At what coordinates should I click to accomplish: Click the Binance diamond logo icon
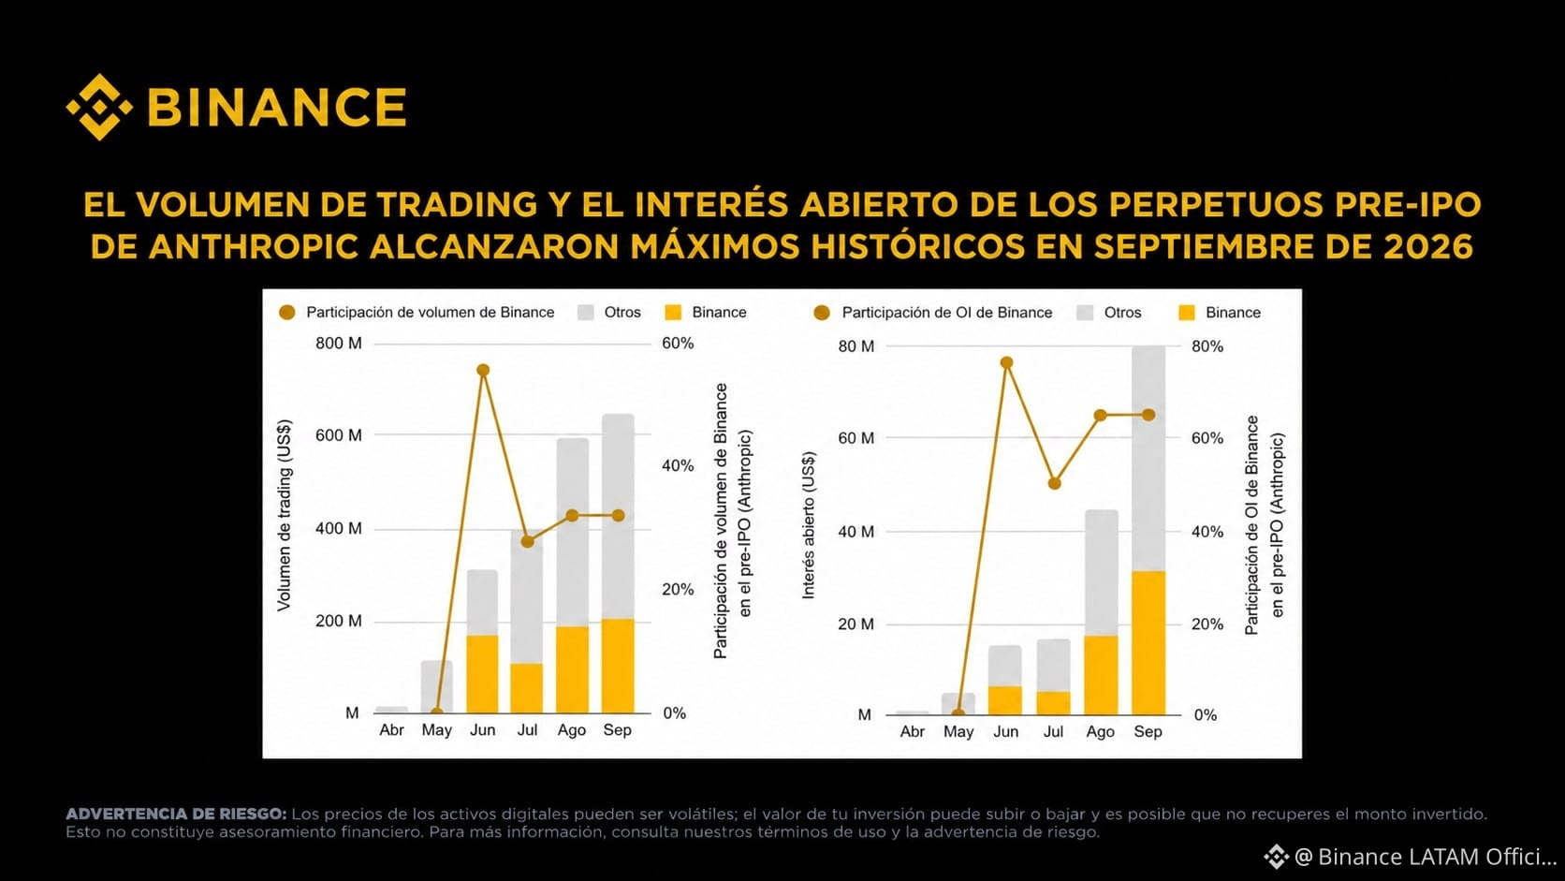(x=99, y=107)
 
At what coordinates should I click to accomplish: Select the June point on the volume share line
(x=483, y=371)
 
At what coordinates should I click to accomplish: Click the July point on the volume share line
(x=528, y=541)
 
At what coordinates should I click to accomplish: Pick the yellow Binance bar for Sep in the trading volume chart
(x=618, y=666)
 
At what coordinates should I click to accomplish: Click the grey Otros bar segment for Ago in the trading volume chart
(x=572, y=533)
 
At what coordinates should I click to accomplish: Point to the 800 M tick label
(x=339, y=343)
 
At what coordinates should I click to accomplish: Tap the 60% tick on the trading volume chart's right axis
(x=678, y=343)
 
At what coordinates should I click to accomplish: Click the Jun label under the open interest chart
(x=1006, y=731)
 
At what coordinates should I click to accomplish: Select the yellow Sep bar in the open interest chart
(x=1148, y=643)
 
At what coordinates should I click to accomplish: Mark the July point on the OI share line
(x=1055, y=483)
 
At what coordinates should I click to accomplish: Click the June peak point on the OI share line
(x=1007, y=362)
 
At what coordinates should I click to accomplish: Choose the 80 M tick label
(x=856, y=346)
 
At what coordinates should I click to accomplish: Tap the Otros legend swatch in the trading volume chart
(x=586, y=313)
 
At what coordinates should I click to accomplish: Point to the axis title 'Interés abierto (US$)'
(x=809, y=525)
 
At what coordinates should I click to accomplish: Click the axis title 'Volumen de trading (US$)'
(x=284, y=516)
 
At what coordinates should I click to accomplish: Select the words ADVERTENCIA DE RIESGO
(x=176, y=814)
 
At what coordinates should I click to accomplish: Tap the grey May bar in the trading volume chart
(x=437, y=687)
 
